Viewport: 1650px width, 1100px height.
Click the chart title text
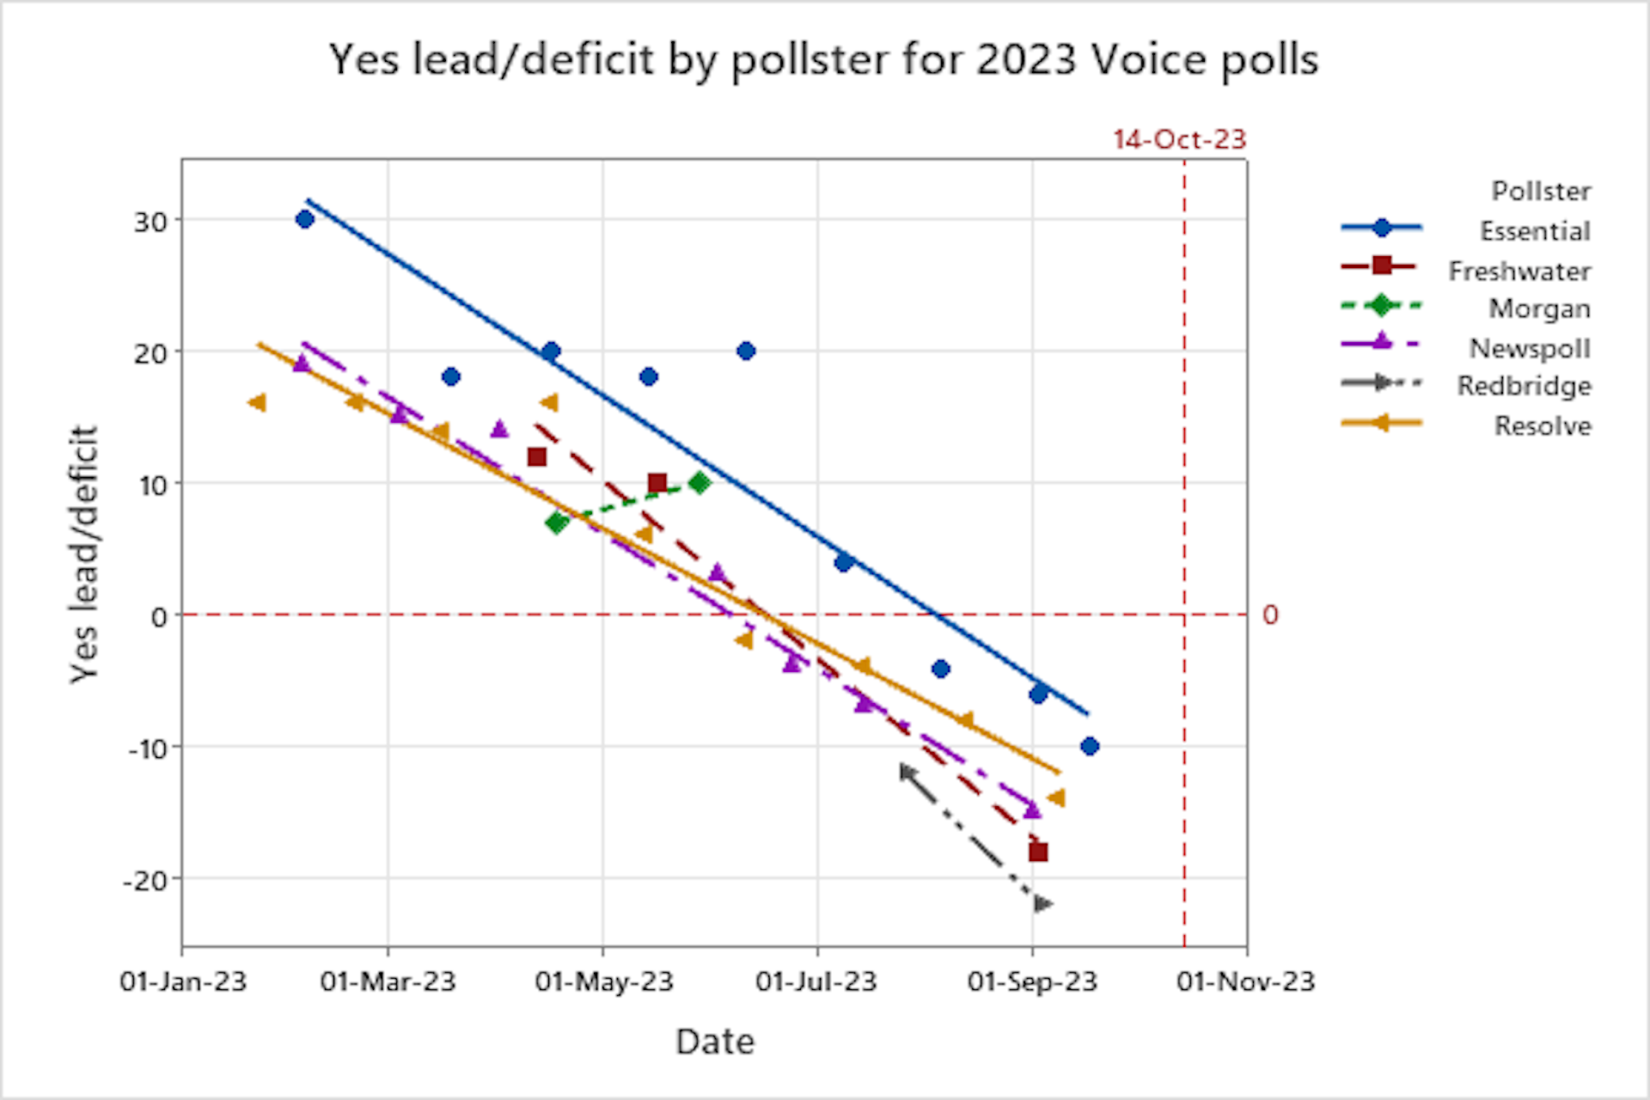click(823, 60)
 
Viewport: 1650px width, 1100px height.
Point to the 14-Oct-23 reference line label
click(1179, 139)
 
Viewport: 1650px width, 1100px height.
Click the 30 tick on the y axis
click(150, 222)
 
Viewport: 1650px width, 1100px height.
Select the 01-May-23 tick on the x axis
click(603, 981)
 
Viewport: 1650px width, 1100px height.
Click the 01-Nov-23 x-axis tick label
click(1245, 981)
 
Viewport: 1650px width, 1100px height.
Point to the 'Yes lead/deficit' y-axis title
click(84, 554)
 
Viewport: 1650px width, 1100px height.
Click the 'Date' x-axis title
click(715, 1042)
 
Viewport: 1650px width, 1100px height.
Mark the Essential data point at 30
click(304, 219)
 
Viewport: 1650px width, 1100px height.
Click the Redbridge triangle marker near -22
click(1043, 904)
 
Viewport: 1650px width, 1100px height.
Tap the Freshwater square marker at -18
click(1038, 852)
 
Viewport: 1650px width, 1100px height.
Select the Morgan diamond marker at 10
click(700, 483)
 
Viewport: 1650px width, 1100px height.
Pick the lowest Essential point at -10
click(1090, 746)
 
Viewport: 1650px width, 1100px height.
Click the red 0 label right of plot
click(1269, 615)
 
